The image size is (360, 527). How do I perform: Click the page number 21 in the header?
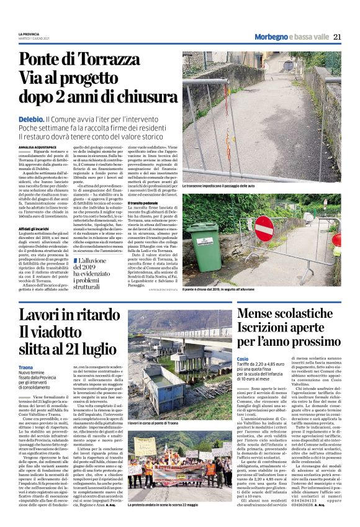click(337, 37)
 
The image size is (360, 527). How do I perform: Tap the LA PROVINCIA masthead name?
click(29, 33)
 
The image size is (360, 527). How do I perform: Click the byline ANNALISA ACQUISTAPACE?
click(40, 147)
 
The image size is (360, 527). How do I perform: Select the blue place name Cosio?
click(243, 359)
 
